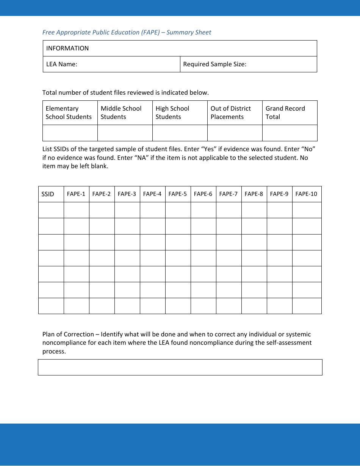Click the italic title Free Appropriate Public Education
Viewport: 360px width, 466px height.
[x=127, y=32]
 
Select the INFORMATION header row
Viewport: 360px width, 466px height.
[x=180, y=48]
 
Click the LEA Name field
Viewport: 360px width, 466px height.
[x=111, y=64]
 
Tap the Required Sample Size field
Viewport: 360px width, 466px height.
[x=248, y=64]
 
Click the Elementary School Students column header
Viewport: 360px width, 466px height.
[x=70, y=113]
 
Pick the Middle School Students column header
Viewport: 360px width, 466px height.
[x=125, y=113]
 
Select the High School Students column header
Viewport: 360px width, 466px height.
[x=180, y=113]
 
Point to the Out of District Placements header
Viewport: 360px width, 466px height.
[x=235, y=113]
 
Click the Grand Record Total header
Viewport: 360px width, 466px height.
[x=290, y=113]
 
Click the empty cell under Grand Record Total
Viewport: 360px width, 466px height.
[x=290, y=133]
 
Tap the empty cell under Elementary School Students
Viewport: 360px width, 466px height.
[x=70, y=133]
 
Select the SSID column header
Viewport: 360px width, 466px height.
[x=51, y=194]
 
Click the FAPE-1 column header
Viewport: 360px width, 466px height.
[x=76, y=194]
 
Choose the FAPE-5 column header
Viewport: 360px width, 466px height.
[x=178, y=194]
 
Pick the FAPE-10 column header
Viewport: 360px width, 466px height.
[x=306, y=194]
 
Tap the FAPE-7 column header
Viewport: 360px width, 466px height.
[x=229, y=194]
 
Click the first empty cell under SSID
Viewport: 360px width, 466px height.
[x=51, y=210]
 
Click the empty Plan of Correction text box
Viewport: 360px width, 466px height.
[x=180, y=367]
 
